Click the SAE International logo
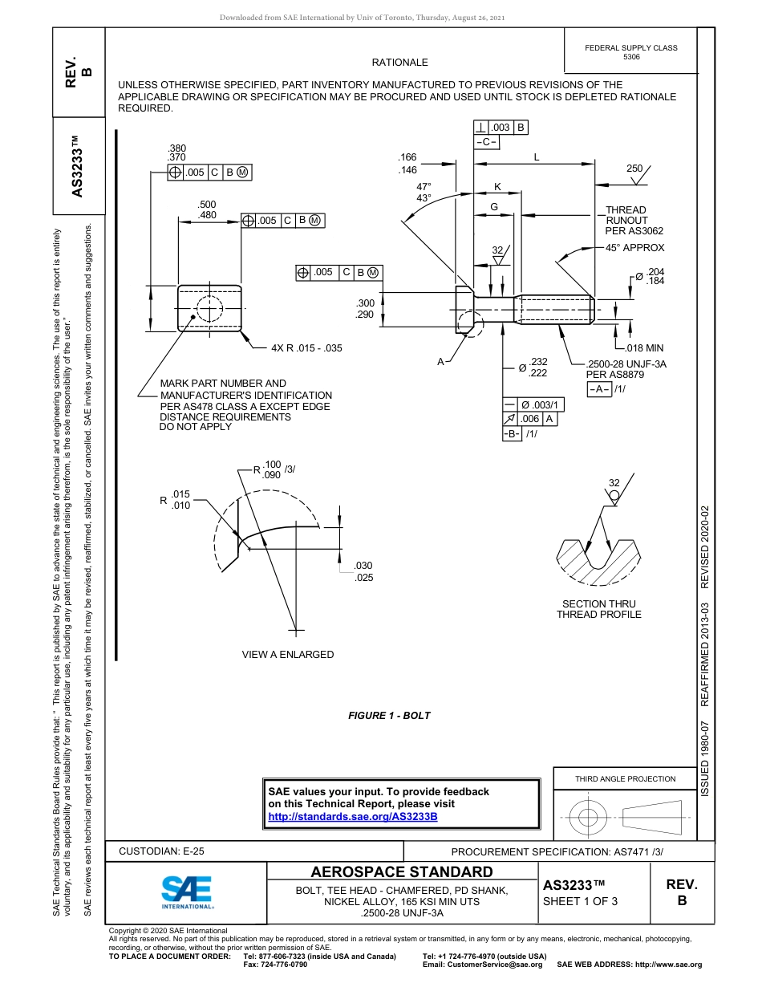coord(186,892)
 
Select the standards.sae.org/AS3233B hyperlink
coord(352,816)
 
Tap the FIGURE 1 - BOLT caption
coord(389,716)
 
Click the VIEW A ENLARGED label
coord(288,655)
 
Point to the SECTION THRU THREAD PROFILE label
coord(598,609)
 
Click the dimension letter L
coord(537,158)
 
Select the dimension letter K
coord(497,187)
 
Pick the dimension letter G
coord(494,207)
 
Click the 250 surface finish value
coord(634,169)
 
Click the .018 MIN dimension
coord(644,348)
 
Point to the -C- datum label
coord(486,142)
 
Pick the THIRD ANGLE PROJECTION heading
coord(625,778)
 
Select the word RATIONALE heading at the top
coord(399,63)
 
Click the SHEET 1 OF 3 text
coord(580,900)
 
